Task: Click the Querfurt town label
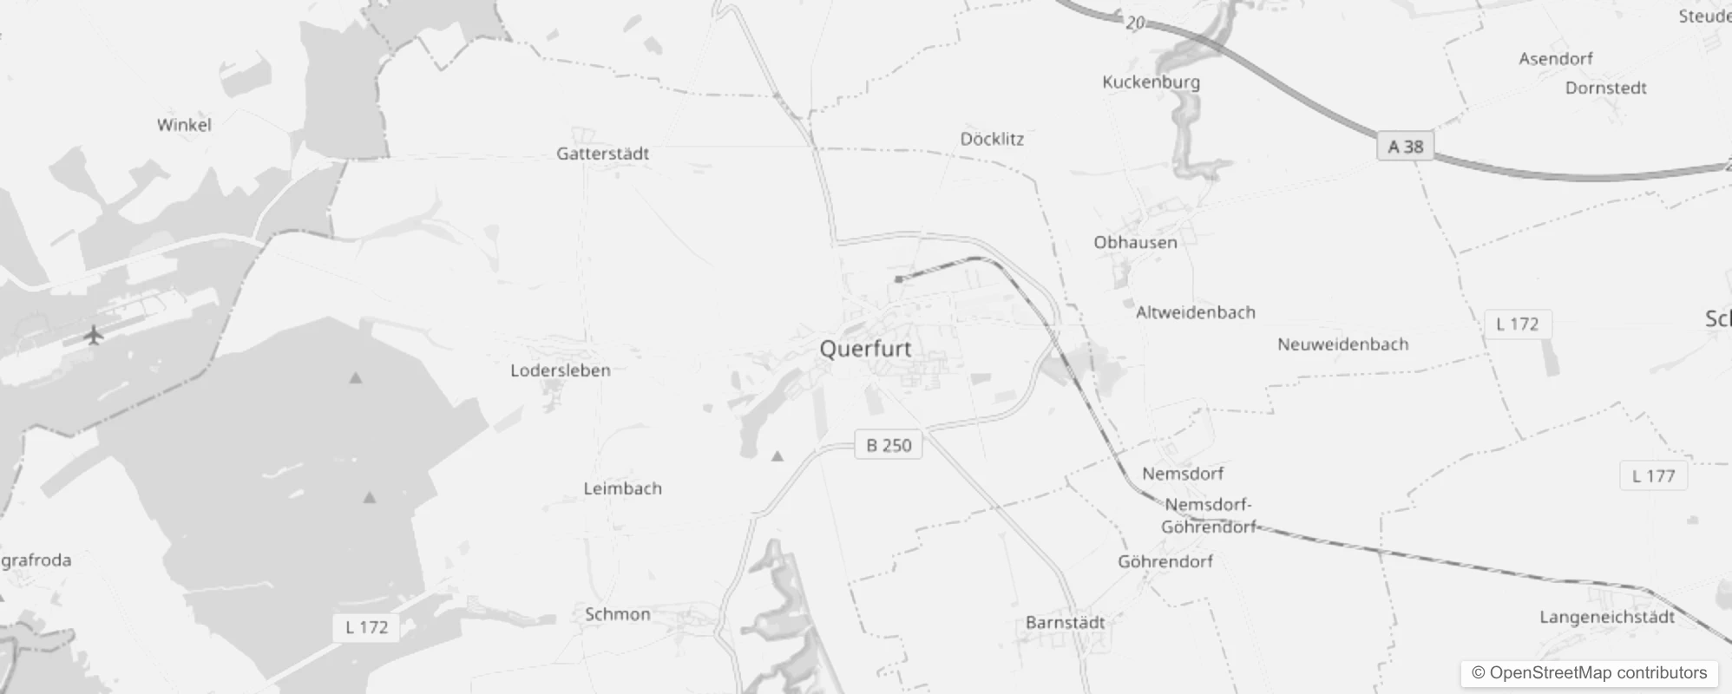[x=865, y=349]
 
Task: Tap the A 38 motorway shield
[x=1405, y=147]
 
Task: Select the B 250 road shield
[x=889, y=445]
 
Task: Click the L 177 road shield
[x=1653, y=475]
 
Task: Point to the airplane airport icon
[x=94, y=334]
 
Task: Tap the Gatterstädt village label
[x=602, y=154]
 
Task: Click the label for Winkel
[x=184, y=124]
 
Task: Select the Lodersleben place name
[x=561, y=370]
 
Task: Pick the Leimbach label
[x=622, y=488]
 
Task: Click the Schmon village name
[x=617, y=614]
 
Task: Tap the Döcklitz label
[x=992, y=139]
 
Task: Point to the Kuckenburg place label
[x=1151, y=82]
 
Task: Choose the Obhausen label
[x=1135, y=242]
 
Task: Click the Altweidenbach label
[x=1195, y=312]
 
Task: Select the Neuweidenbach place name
[x=1342, y=344]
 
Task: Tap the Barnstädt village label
[x=1065, y=622]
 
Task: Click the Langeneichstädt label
[x=1607, y=617]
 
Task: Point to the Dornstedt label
[x=1605, y=88]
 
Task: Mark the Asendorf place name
[x=1555, y=58]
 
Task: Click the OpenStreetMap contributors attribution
[x=1589, y=673]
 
